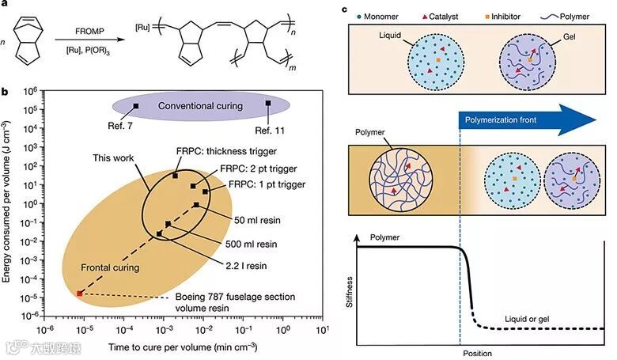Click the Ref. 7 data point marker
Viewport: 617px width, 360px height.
click(x=135, y=105)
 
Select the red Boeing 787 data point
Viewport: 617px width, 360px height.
click(x=79, y=294)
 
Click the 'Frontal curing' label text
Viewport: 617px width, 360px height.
click(x=112, y=267)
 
